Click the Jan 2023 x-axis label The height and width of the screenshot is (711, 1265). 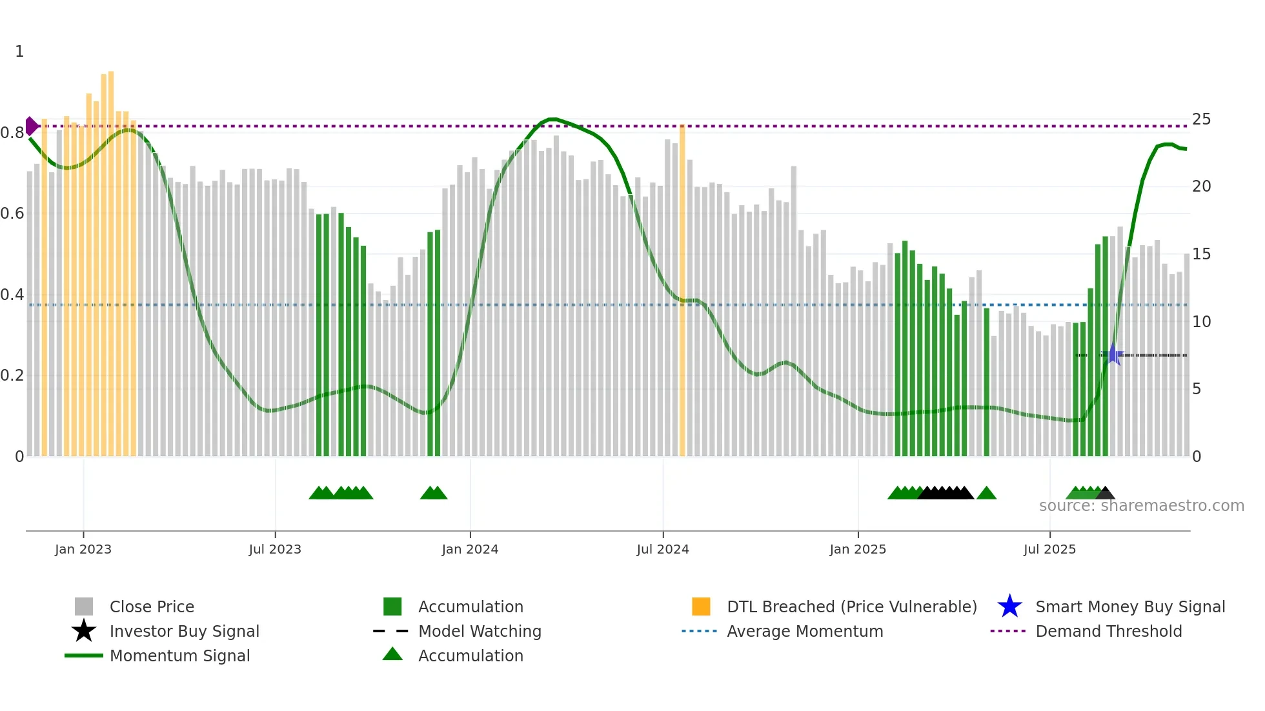[x=83, y=549]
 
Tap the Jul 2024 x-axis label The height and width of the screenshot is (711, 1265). [x=663, y=549]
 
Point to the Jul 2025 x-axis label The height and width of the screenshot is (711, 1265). [x=1049, y=549]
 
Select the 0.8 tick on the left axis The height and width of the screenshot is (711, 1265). [x=12, y=133]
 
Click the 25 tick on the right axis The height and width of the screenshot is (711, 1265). [x=1201, y=119]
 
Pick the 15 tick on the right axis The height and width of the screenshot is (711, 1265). [x=1201, y=254]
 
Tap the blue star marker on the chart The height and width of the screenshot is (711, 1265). [x=1113, y=355]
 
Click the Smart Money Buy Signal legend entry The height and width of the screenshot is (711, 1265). [x=1129, y=606]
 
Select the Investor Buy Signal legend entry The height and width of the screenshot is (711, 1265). [x=184, y=631]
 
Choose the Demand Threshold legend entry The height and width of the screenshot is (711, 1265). [x=1108, y=631]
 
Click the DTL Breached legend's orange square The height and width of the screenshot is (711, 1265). [x=701, y=606]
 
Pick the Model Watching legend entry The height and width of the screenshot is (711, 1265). [x=479, y=631]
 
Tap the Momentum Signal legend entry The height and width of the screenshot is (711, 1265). [x=179, y=656]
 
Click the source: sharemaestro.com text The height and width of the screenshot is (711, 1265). [x=1141, y=506]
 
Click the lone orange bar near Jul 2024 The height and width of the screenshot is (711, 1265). [x=682, y=290]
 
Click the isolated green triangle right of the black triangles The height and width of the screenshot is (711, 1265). [x=986, y=494]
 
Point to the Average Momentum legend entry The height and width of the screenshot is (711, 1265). [x=804, y=631]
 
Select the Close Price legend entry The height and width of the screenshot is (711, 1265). [x=152, y=606]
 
